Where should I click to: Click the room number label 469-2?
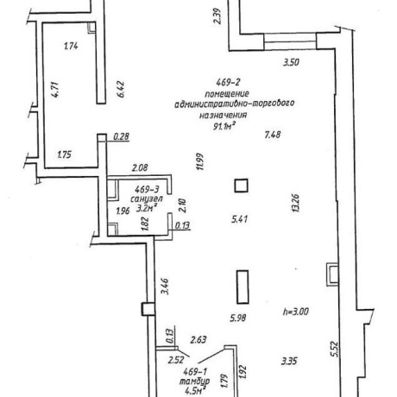(228, 83)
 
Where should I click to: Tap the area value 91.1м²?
(223, 125)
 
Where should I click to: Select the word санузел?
(147, 198)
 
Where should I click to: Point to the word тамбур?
(194, 381)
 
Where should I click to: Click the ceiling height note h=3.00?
(295, 312)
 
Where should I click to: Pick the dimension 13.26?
(296, 203)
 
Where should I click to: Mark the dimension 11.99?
(200, 161)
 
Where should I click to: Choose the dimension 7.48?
(273, 135)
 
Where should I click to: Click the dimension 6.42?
(121, 90)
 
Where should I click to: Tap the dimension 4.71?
(54, 90)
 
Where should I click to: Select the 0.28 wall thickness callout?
(121, 136)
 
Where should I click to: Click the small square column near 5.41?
(241, 186)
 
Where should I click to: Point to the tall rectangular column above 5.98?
(243, 287)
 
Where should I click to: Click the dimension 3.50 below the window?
(291, 62)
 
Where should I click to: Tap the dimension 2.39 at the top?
(217, 16)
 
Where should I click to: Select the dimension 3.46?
(165, 287)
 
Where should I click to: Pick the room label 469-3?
(147, 189)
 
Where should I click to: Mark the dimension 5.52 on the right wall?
(335, 349)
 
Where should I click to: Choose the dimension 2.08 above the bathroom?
(140, 167)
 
